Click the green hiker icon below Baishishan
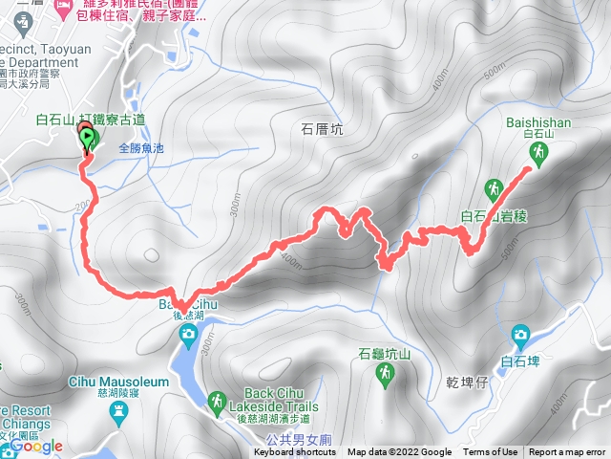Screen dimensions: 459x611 point(539,153)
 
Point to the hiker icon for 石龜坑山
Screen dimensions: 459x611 point(385,373)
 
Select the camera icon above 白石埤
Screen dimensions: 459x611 point(520,336)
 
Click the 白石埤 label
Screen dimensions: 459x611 point(520,361)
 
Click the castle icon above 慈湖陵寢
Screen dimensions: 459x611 point(118,414)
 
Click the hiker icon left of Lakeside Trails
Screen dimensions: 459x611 point(218,401)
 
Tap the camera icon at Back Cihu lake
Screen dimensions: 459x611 point(188,335)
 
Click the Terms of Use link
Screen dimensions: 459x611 point(490,452)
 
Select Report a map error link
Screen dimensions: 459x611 point(567,452)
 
